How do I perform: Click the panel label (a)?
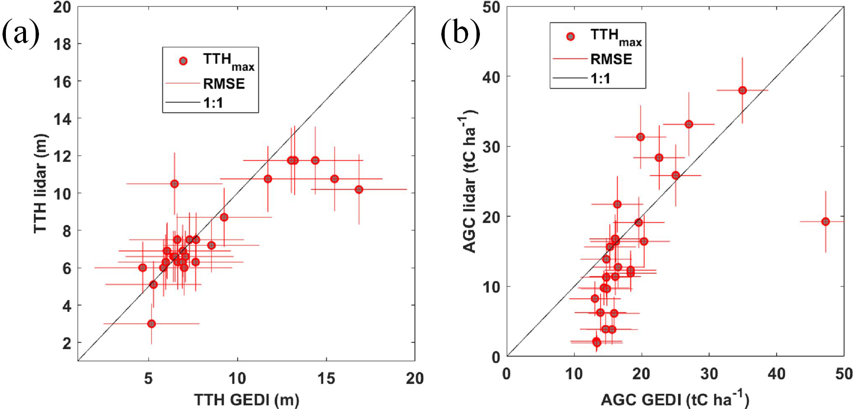(x=21, y=34)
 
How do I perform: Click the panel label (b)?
(x=460, y=34)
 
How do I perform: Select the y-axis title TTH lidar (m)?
(x=41, y=183)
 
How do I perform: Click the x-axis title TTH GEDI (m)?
(x=246, y=400)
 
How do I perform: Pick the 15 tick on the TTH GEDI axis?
(x=326, y=378)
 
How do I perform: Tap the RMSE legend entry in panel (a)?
(x=224, y=84)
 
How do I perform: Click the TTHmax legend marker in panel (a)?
(x=183, y=61)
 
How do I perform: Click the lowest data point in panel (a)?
(x=151, y=324)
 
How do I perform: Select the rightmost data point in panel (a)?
(x=359, y=189)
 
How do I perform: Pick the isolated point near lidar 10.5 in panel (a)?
(x=174, y=184)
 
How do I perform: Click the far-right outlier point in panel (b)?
(x=825, y=221)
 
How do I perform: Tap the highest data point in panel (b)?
(x=742, y=91)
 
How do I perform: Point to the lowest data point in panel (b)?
(x=597, y=342)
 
